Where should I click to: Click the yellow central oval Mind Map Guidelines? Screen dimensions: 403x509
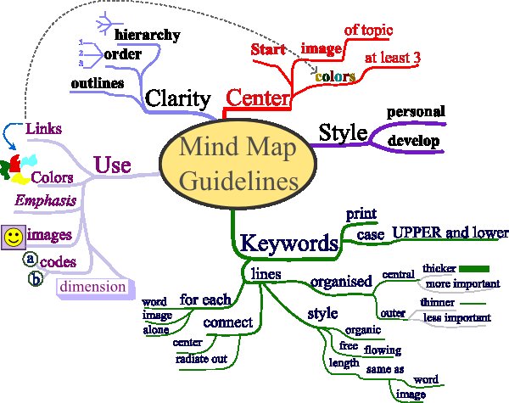click(x=229, y=161)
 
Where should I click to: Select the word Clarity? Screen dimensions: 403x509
click(x=177, y=98)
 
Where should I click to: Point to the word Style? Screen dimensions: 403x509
click(x=342, y=133)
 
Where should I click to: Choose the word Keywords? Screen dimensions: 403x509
click(x=289, y=243)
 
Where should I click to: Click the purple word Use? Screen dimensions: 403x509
click(x=112, y=164)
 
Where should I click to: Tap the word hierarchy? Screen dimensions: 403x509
click(x=148, y=35)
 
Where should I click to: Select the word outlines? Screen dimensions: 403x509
click(x=98, y=83)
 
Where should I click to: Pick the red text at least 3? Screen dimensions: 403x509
click(x=393, y=58)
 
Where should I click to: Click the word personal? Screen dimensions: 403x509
click(x=416, y=112)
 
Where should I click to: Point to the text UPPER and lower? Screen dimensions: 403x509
click(x=450, y=232)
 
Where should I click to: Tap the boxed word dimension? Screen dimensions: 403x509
click(x=92, y=287)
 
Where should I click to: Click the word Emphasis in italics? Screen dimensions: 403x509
click(x=48, y=200)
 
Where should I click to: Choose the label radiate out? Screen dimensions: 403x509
click(x=201, y=359)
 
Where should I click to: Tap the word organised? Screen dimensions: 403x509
click(x=341, y=281)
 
